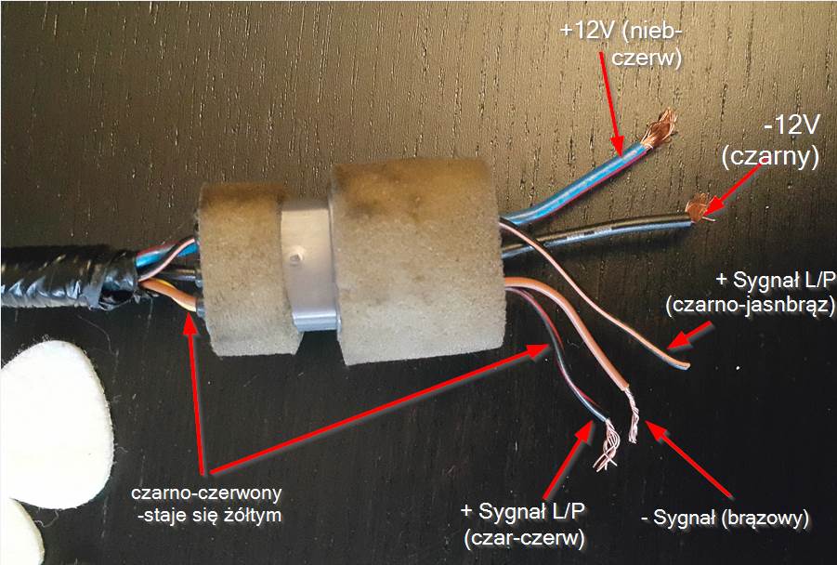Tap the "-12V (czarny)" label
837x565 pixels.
tap(770, 144)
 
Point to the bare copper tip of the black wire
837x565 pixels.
tap(698, 206)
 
